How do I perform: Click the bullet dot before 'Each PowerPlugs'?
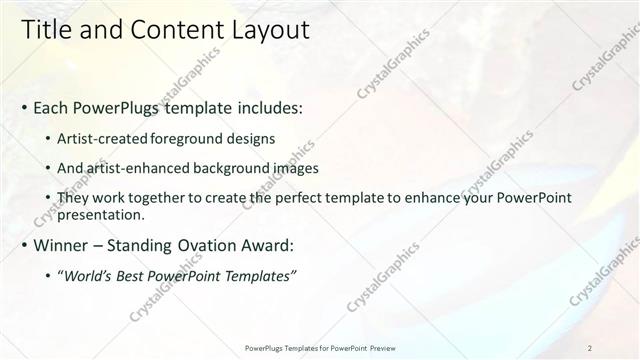click(24, 107)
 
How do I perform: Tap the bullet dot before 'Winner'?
click(24, 245)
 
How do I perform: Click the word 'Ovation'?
click(211, 245)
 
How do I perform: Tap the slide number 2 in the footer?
click(590, 348)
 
